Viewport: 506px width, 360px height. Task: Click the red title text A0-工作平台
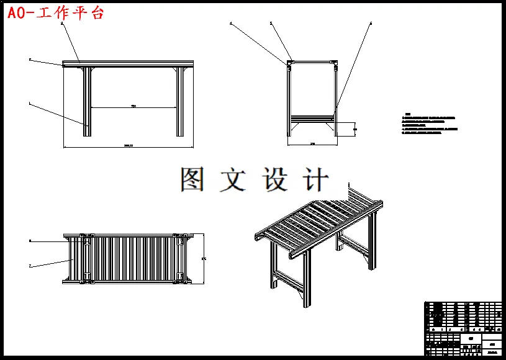coord(55,12)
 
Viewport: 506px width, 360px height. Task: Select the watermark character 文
coord(233,179)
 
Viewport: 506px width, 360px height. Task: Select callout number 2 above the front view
coord(61,23)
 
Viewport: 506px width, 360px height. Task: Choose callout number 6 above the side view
coord(371,24)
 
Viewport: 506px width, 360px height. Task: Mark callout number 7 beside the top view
coord(30,266)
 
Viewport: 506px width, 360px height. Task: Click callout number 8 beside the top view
coord(30,240)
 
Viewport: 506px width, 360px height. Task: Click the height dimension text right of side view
coord(355,128)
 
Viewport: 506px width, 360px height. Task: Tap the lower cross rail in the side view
coord(312,117)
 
